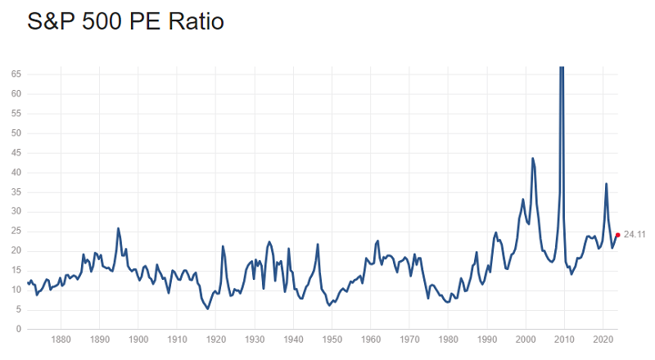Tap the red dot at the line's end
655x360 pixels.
point(617,235)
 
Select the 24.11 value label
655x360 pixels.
point(635,235)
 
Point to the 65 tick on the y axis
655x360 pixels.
point(16,74)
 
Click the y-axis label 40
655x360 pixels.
point(16,173)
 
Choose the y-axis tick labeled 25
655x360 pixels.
point(16,232)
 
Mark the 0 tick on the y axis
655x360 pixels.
point(18,330)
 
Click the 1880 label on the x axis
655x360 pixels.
point(61,340)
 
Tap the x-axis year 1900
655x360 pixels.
point(138,340)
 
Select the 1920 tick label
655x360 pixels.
point(215,340)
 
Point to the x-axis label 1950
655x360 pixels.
point(332,340)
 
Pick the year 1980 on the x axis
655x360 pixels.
point(448,340)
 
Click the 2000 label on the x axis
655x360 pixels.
point(526,340)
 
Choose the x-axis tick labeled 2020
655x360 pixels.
point(603,340)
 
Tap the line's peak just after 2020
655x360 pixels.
point(606,183)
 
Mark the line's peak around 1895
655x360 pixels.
point(119,228)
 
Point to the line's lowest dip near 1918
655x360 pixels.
point(208,308)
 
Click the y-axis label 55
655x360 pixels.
point(16,114)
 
